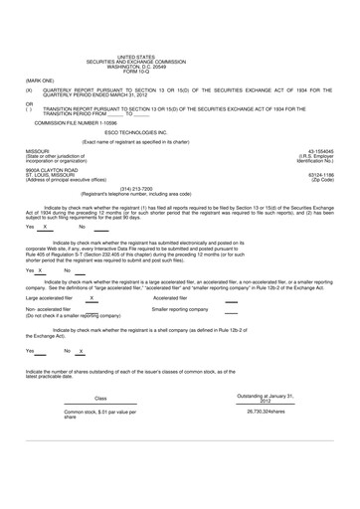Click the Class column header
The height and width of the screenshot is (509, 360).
99,398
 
